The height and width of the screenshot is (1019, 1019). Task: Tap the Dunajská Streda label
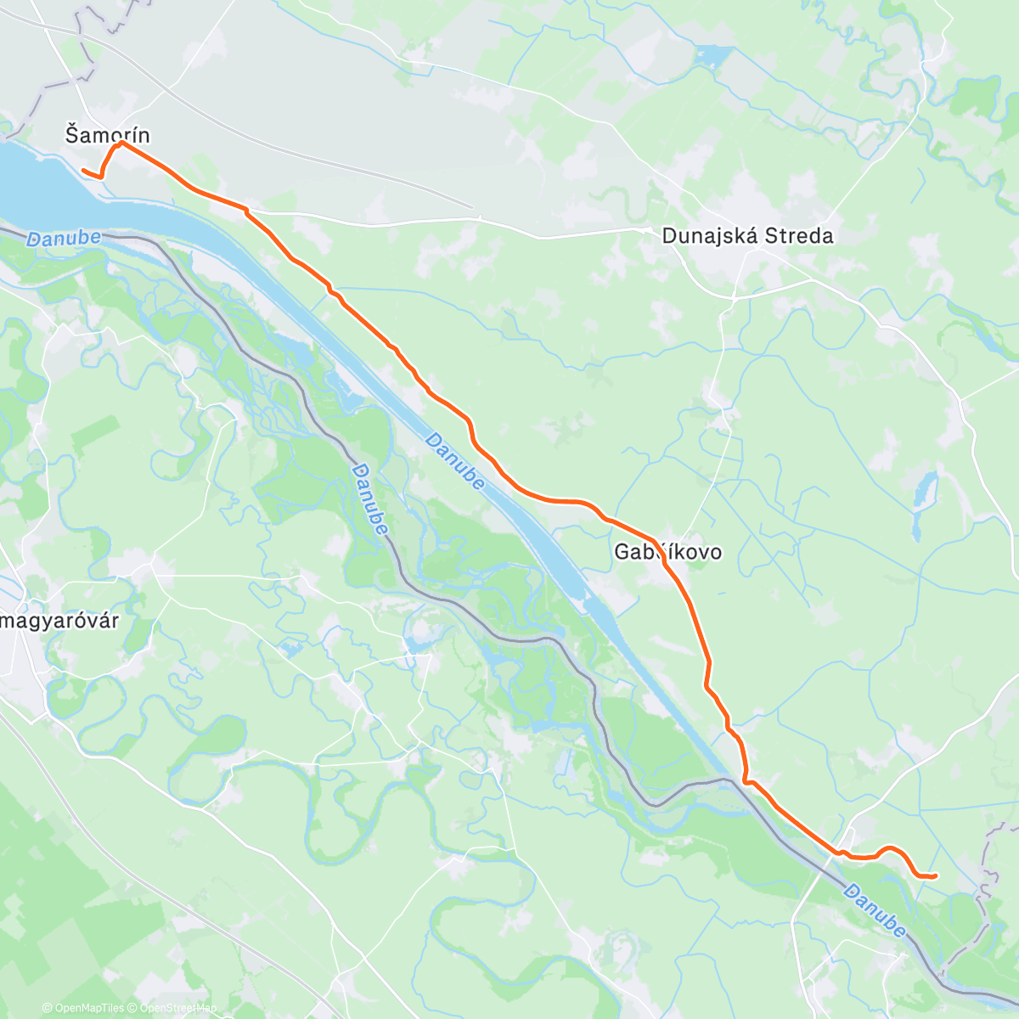[x=747, y=236]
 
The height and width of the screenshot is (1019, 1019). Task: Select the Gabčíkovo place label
[x=668, y=552]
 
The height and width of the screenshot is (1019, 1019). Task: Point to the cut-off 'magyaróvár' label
[x=59, y=621]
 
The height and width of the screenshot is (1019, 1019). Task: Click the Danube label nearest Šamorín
[x=64, y=239]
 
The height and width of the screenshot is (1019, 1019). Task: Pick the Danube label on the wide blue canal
[x=455, y=461]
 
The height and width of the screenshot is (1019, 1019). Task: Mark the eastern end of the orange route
[x=935, y=875]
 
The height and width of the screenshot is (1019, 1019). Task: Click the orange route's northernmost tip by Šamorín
[x=121, y=143]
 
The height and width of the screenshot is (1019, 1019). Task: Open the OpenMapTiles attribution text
[x=88, y=1008]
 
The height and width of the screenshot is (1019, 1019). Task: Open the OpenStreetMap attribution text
[x=178, y=1008]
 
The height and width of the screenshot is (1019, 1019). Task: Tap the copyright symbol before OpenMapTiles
[x=48, y=1008]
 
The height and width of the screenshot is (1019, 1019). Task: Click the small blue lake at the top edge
[x=712, y=57]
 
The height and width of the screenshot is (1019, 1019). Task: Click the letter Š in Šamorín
[x=71, y=134]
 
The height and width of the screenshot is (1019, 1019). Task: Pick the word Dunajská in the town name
[x=710, y=236]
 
